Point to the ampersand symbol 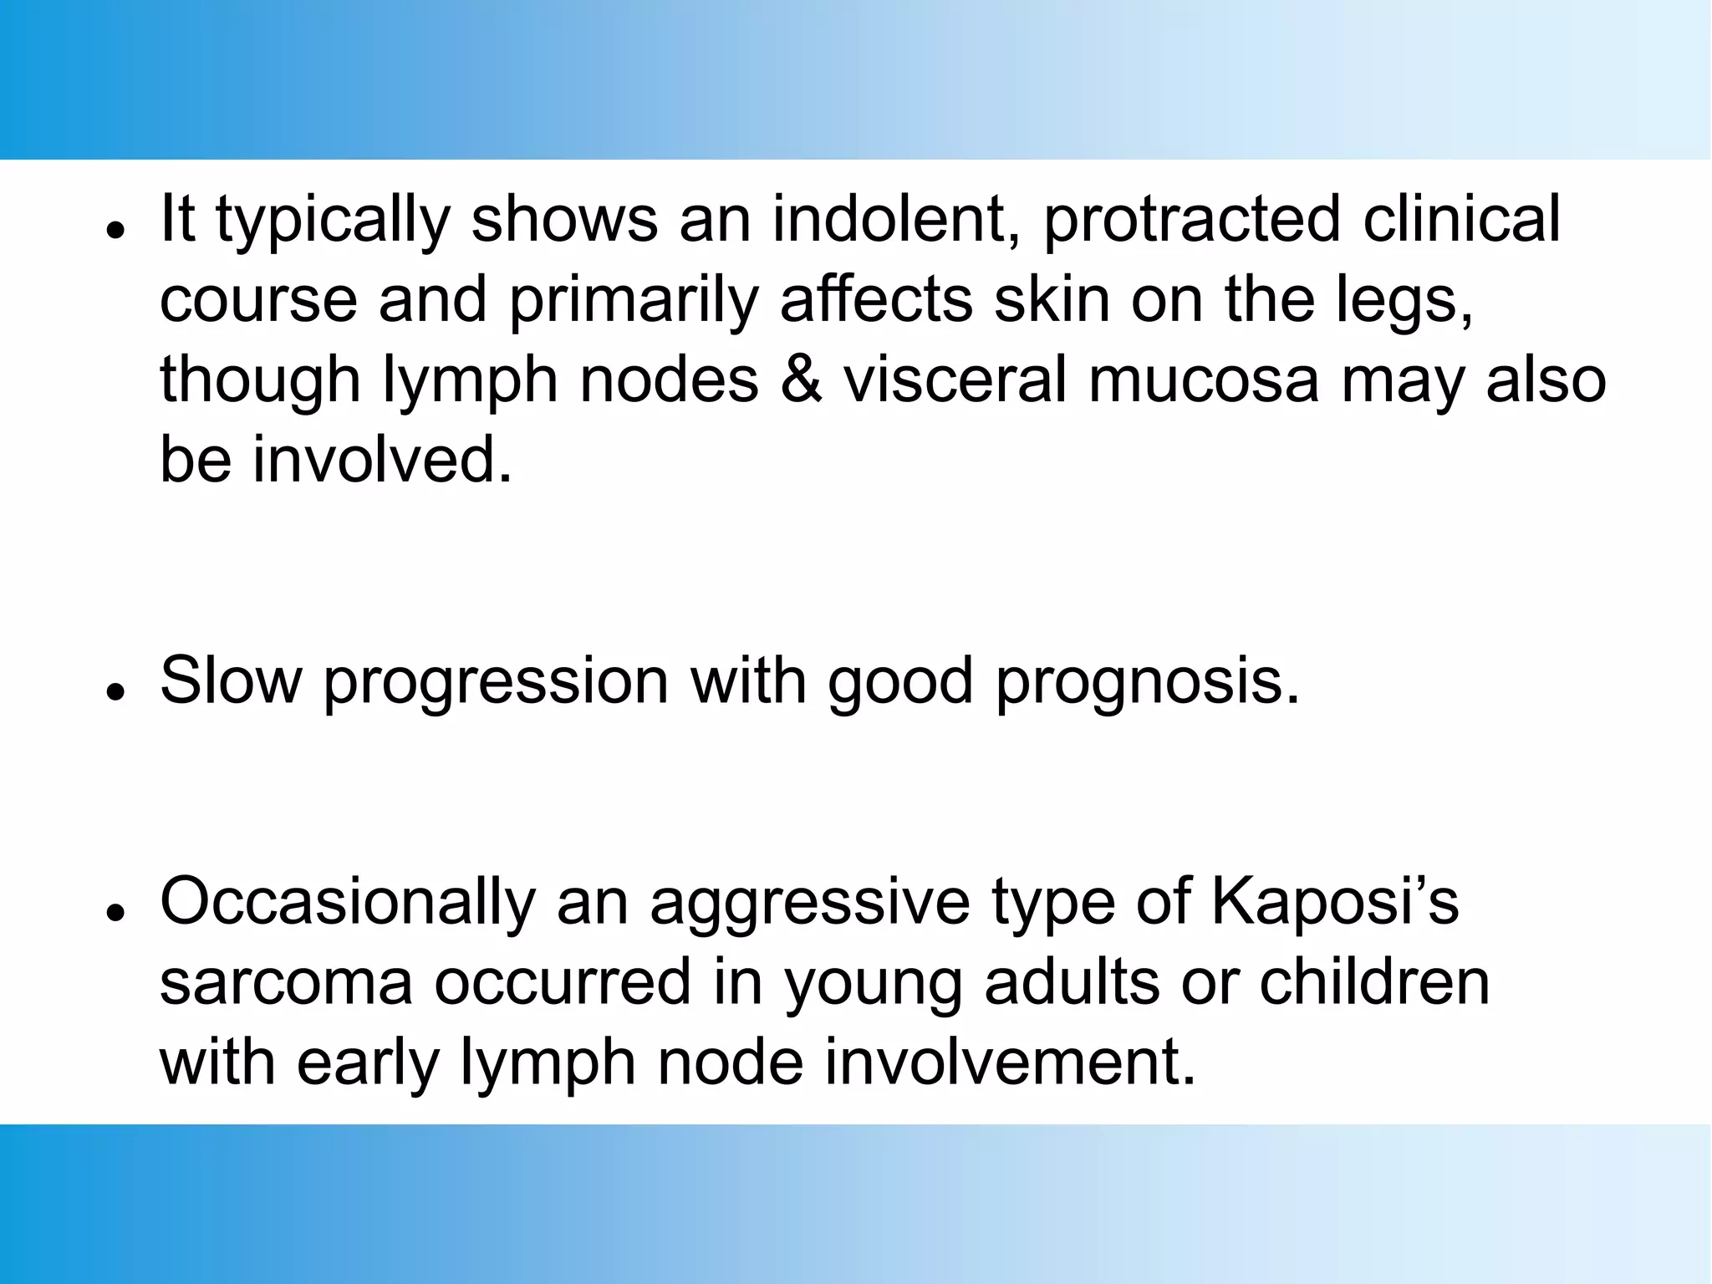[x=801, y=380]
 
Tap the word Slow [x=231, y=680]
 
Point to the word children [x=1374, y=981]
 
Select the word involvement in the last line [x=1011, y=1062]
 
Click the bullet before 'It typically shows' [x=116, y=228]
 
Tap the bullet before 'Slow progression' [x=116, y=690]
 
